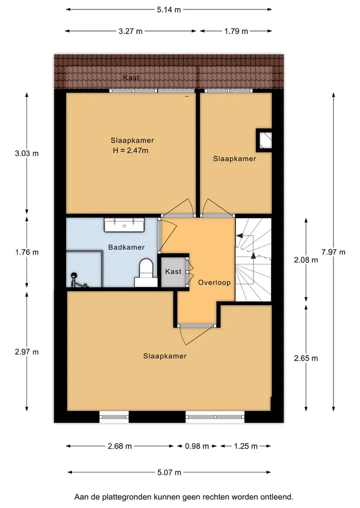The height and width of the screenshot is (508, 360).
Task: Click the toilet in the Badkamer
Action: pos(145,273)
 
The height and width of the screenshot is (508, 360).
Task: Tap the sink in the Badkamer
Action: pos(124,225)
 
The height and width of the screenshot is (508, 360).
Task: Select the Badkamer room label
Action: pos(126,247)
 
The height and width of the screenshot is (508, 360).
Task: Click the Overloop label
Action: pos(214,283)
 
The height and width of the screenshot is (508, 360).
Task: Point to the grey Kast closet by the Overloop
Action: pos(173,272)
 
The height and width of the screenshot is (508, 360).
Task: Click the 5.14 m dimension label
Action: pos(168,9)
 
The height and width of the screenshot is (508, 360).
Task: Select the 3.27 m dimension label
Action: pos(130,31)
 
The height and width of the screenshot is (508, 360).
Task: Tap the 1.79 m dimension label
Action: pos(236,31)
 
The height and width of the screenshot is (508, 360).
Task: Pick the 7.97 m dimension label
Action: pos(333,252)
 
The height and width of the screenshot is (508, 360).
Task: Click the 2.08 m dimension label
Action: pos(306,260)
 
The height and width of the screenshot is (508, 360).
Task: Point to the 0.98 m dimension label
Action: pos(197,447)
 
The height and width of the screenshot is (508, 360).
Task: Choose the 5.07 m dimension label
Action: pos(169,473)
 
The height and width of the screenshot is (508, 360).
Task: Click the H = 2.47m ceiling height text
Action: pos(130,150)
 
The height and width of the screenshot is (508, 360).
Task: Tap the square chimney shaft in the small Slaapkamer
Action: pos(264,140)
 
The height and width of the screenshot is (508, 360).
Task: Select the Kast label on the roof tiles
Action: pos(131,78)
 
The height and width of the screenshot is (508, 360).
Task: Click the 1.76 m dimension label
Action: pos(27,252)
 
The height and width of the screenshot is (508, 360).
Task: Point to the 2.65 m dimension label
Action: pos(306,358)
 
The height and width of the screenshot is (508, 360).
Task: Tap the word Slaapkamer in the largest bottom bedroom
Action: pos(165,356)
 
